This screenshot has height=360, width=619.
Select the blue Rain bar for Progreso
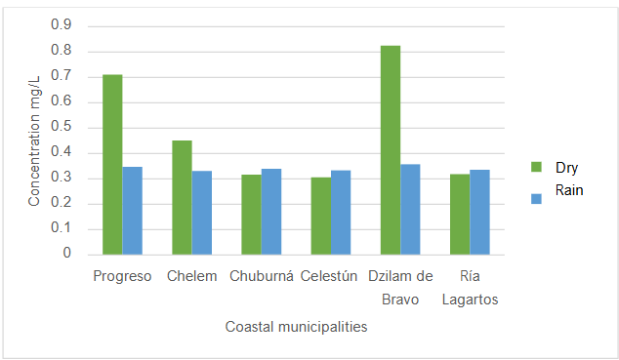pyautogui.click(x=132, y=210)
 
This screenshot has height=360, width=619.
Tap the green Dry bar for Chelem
pyautogui.click(x=182, y=197)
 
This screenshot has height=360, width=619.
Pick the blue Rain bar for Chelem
pyautogui.click(x=201, y=212)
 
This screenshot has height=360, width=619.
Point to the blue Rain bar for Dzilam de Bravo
pyautogui.click(x=410, y=209)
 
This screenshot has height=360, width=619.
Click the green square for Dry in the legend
pyautogui.click(x=535, y=167)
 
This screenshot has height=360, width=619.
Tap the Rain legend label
pyautogui.click(x=568, y=190)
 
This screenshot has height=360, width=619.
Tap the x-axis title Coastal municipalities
pyautogui.click(x=296, y=327)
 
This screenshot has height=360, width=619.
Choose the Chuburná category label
pyautogui.click(x=261, y=276)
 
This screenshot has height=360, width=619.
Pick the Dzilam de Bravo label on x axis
pyautogui.click(x=400, y=288)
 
